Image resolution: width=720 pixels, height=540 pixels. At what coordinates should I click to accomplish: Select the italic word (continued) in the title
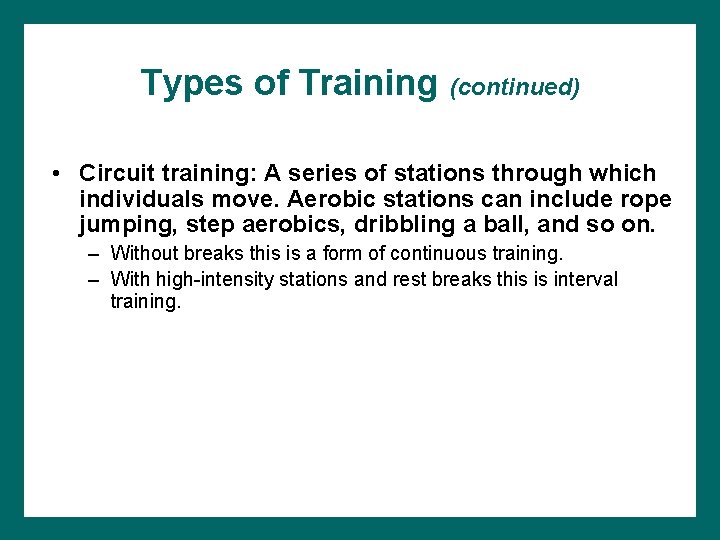click(x=515, y=87)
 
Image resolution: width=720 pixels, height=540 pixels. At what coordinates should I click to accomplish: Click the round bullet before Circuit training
click(x=59, y=174)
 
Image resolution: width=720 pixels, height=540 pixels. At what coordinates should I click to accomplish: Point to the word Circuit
click(x=117, y=173)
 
